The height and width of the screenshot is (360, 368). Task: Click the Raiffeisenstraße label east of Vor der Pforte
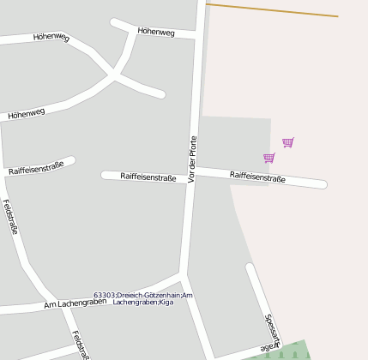pyautogui.click(x=257, y=177)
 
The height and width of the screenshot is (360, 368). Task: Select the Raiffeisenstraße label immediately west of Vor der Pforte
pyautogui.click(x=148, y=177)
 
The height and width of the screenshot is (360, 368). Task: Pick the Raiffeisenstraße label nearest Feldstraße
pyautogui.click(x=36, y=166)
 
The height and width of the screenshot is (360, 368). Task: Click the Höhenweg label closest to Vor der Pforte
pyautogui.click(x=156, y=33)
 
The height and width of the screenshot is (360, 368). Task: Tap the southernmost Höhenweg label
pyautogui.click(x=27, y=112)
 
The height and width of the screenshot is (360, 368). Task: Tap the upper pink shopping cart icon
pyautogui.click(x=288, y=142)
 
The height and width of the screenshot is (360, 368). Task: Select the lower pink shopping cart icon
pyautogui.click(x=269, y=158)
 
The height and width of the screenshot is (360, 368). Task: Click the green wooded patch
pyautogui.click(x=291, y=351)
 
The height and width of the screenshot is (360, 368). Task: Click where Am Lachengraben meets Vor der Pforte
pyautogui.click(x=183, y=277)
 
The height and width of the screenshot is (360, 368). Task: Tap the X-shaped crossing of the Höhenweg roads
pyautogui.click(x=115, y=75)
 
